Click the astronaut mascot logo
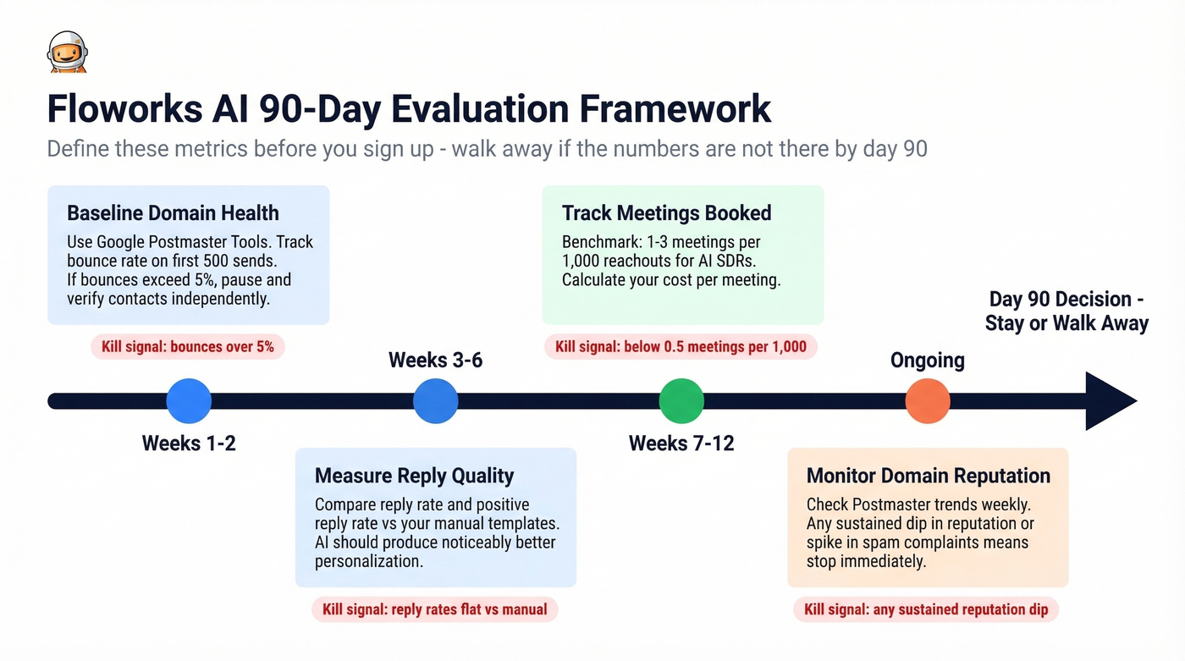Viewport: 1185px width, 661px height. (68, 52)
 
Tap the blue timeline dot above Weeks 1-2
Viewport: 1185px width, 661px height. (189, 400)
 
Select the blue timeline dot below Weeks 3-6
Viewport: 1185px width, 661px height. (436, 400)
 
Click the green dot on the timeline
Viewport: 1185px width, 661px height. (681, 400)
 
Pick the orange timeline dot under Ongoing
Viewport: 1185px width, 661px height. (928, 400)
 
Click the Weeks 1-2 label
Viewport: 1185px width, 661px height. (189, 443)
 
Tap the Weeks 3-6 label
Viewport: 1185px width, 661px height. (435, 360)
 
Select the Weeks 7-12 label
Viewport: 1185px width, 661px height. (681, 443)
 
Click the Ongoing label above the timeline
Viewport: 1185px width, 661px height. (928, 360)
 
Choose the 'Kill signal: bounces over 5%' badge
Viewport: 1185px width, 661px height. (187, 346)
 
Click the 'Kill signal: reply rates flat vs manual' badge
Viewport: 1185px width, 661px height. (435, 609)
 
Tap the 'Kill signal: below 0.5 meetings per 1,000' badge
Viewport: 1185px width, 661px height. (681, 346)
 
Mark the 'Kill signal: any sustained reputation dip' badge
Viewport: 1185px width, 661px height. (926, 609)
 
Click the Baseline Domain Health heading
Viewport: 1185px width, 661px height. (173, 212)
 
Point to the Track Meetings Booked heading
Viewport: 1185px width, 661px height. (666, 212)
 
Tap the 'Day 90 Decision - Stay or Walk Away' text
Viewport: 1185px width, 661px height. (1066, 311)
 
